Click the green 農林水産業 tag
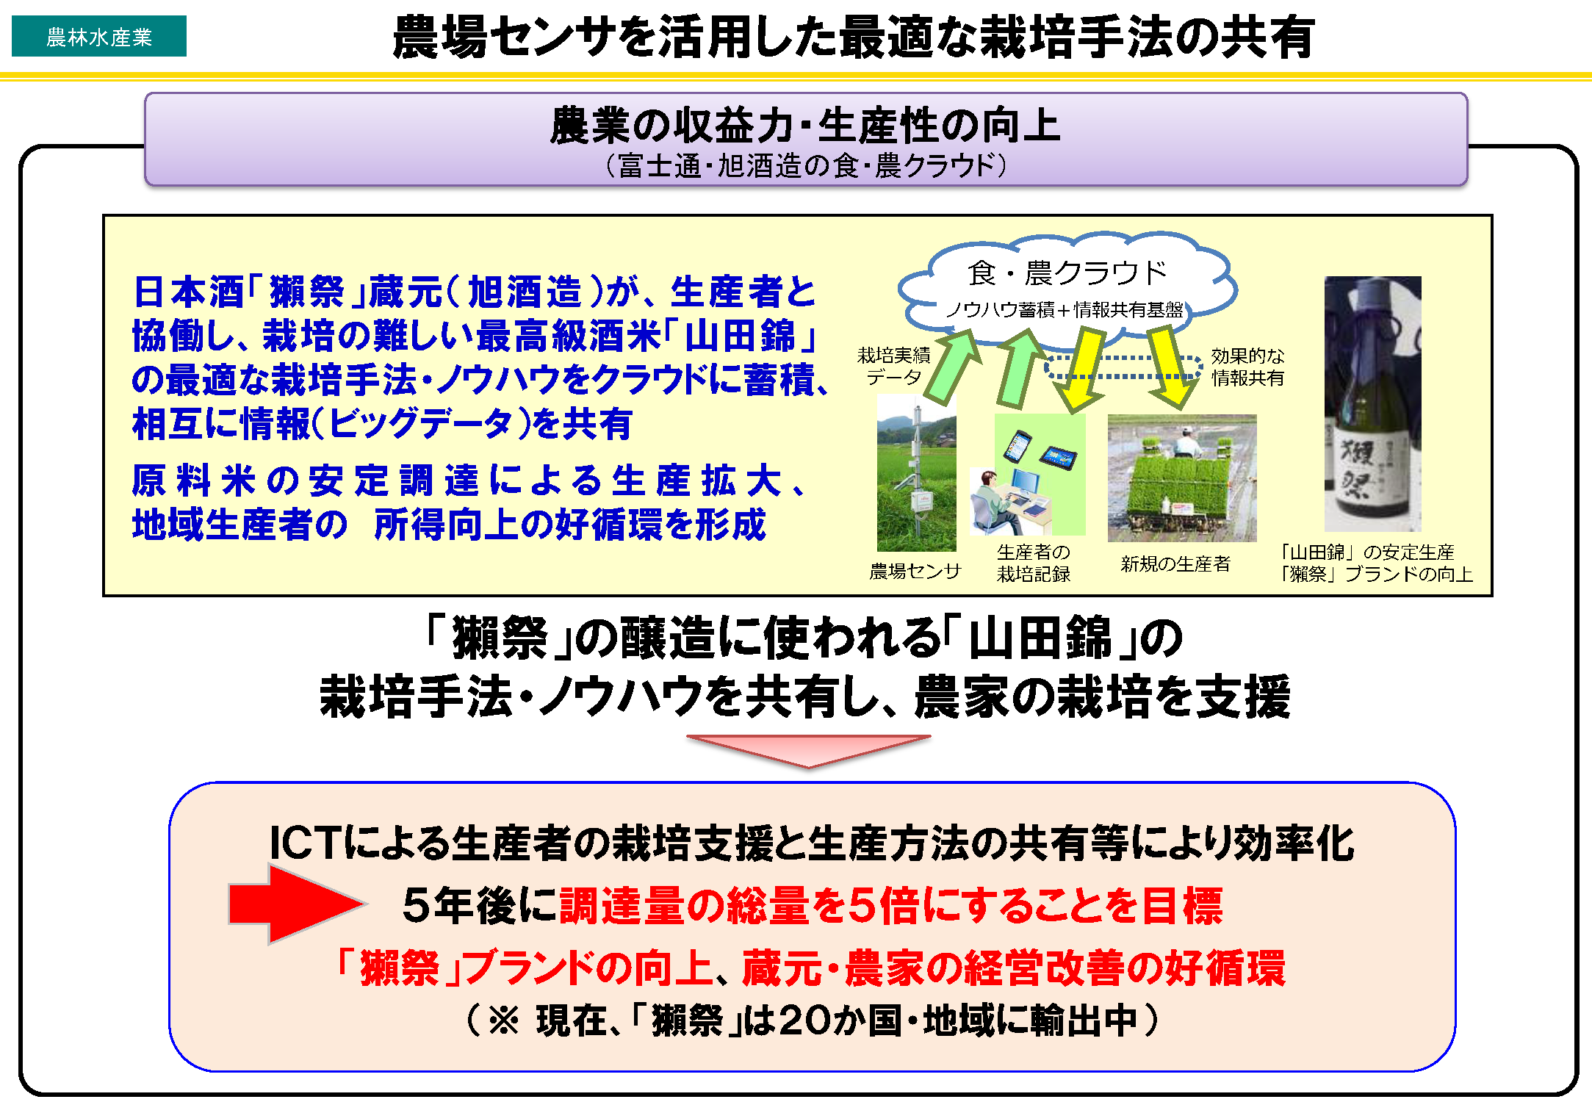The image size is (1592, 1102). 99,36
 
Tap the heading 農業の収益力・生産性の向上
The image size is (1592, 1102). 805,125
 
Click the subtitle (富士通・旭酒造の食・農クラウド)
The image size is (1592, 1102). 806,165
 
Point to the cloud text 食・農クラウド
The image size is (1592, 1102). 1067,273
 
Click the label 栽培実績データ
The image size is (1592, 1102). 893,367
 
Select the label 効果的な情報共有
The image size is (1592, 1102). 1247,367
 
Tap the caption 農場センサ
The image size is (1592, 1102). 915,571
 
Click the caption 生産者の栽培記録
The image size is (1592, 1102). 1033,563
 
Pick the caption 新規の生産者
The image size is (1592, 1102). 1175,563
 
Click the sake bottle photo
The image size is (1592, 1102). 1372,403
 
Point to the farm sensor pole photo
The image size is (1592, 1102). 916,473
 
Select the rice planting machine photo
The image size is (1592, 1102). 1182,478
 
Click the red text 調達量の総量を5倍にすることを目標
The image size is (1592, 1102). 890,905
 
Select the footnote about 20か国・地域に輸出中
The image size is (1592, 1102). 813,1020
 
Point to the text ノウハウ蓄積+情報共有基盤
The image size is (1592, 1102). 1065,309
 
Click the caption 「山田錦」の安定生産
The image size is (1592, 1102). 1366,552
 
